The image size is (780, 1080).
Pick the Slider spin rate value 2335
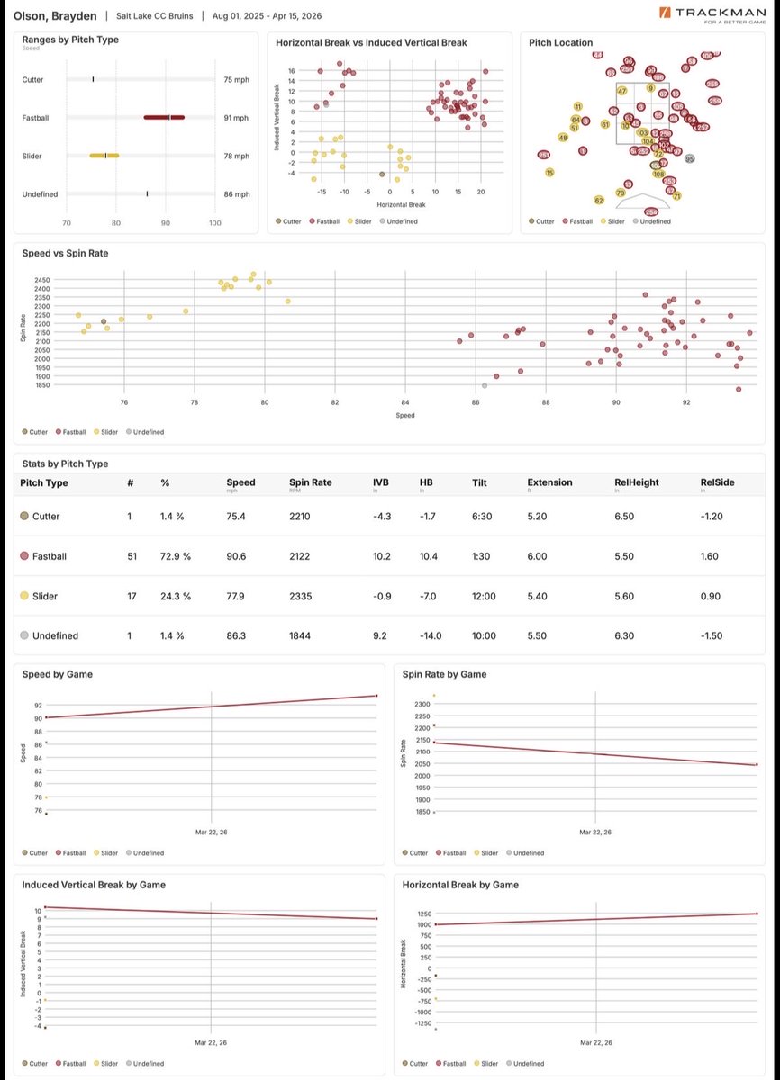coord(300,596)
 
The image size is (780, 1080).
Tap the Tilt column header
coord(480,482)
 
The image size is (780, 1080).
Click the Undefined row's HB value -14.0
coord(432,635)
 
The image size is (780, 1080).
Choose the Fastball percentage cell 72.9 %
coord(175,556)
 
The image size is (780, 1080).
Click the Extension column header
coord(549,482)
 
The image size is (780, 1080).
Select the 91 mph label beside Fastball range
coord(236,118)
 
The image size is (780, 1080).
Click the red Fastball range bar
coord(164,117)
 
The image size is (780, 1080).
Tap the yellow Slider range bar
coord(104,156)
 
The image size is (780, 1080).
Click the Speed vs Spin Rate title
coord(65,254)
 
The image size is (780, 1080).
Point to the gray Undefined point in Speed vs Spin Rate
coord(485,385)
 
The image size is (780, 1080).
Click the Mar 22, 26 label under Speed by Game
coord(211,832)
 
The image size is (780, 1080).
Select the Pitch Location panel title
coord(560,42)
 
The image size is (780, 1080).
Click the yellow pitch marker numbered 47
coord(621,91)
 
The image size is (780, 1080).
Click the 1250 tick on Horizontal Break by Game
coord(423,913)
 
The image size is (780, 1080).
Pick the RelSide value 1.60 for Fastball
coord(709,556)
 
